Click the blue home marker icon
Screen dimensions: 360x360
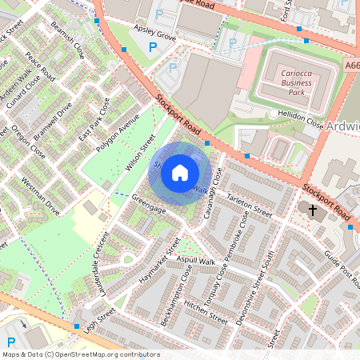pos(180,172)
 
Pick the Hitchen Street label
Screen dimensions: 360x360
pos(206,310)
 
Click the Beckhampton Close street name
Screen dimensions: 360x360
pos(177,291)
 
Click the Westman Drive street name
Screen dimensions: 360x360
pos(40,196)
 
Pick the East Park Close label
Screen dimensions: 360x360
pos(94,117)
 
